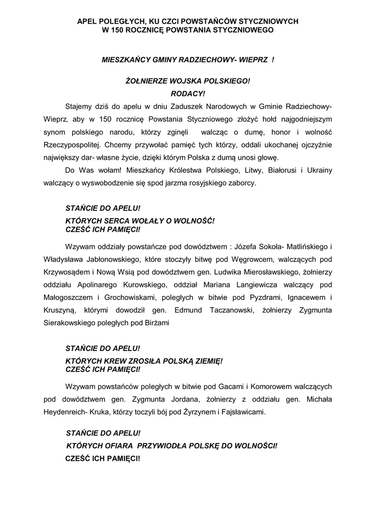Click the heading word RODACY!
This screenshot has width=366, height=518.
point(188,94)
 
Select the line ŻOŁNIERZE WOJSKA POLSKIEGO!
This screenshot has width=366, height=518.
point(188,81)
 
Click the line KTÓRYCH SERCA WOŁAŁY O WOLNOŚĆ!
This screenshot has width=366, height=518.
point(140,221)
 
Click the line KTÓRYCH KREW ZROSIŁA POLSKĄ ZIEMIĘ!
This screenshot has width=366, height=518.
point(144,361)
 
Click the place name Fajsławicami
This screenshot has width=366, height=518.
point(244,412)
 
